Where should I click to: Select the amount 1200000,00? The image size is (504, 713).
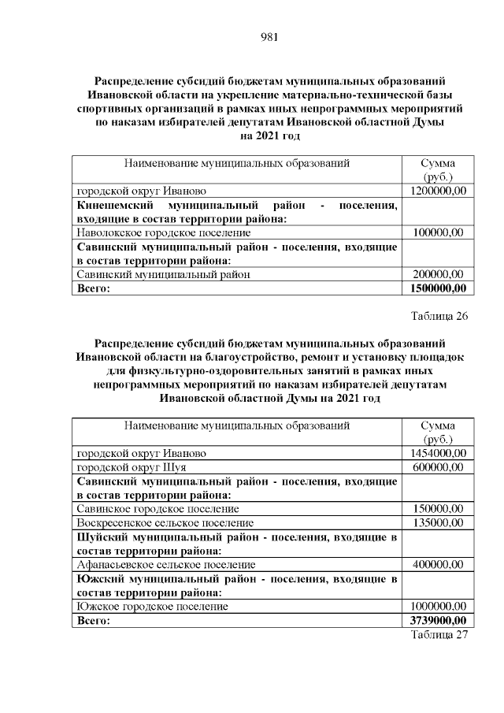[x=439, y=191]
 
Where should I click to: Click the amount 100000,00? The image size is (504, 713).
[x=439, y=232]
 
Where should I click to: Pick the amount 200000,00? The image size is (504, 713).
[x=439, y=274]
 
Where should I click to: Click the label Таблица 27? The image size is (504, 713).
[x=439, y=635]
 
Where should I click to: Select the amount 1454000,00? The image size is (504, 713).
[x=439, y=453]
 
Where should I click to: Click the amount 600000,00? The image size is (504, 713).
[x=439, y=467]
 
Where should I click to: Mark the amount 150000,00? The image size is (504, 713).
[x=439, y=509]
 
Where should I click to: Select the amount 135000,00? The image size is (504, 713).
[x=439, y=522]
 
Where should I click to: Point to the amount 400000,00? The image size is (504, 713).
[x=439, y=565]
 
